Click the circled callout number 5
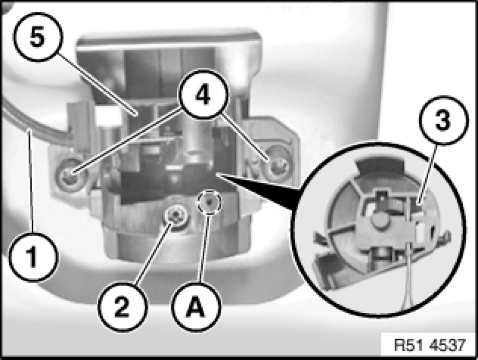[x=38, y=38]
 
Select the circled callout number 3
[x=443, y=120]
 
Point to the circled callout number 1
[x=33, y=257]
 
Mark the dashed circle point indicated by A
[x=209, y=203]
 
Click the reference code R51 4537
[x=430, y=345]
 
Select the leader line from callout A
[x=204, y=248]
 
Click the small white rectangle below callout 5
[x=107, y=115]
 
